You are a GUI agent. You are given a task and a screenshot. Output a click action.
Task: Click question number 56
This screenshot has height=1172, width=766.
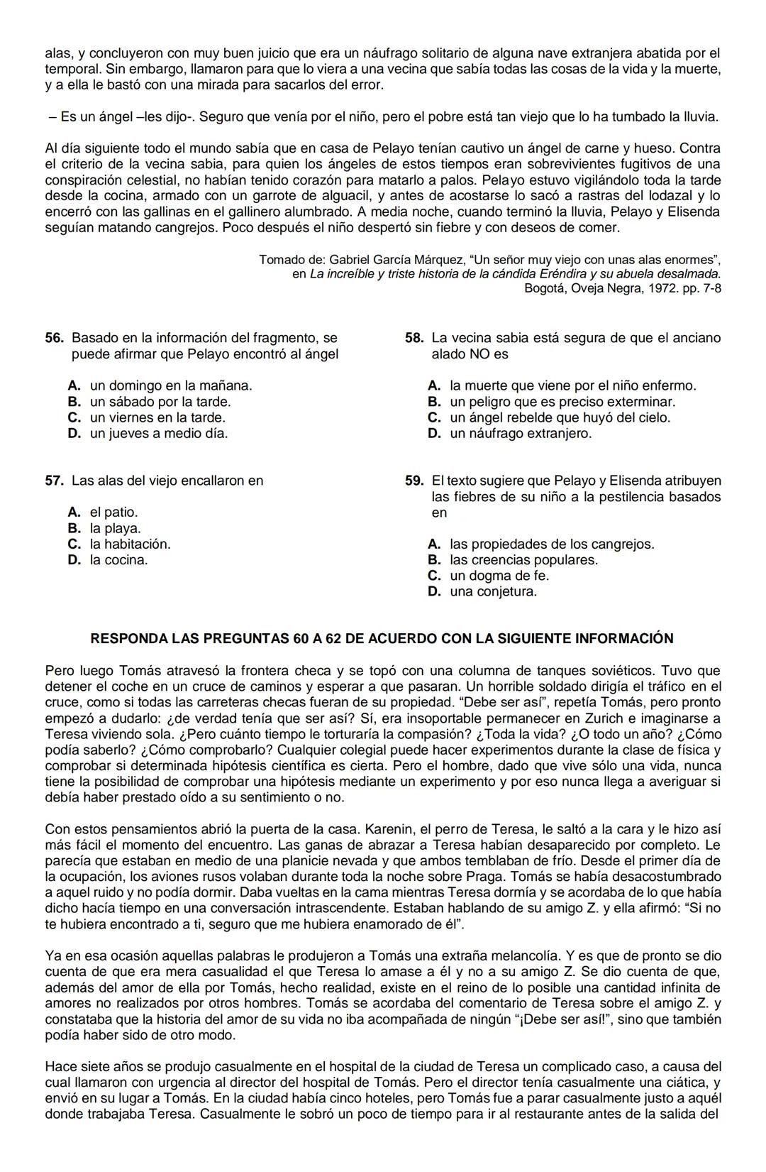click(x=55, y=338)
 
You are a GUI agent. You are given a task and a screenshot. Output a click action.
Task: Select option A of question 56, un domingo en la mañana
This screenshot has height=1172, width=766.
click(x=170, y=385)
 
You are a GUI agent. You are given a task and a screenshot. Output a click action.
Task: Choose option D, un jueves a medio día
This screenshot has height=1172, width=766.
click(x=158, y=433)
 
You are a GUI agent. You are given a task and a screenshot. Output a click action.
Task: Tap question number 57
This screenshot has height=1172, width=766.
click(x=55, y=481)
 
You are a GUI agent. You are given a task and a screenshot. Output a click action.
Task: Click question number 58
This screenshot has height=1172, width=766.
click(x=414, y=338)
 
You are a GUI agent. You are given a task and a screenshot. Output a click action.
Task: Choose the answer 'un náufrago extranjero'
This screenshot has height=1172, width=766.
click(x=520, y=433)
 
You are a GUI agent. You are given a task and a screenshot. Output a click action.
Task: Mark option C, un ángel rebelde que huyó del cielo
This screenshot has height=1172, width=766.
click(x=559, y=417)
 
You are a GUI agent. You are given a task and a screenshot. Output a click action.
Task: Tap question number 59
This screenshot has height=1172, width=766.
click(x=414, y=481)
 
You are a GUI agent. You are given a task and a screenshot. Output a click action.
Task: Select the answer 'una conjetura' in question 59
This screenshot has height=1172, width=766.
click(x=493, y=591)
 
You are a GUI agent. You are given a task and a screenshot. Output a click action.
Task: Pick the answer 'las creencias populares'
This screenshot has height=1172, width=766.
click(x=523, y=560)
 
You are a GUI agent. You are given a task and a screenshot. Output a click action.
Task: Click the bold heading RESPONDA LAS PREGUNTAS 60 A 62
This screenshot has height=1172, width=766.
click(x=382, y=638)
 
